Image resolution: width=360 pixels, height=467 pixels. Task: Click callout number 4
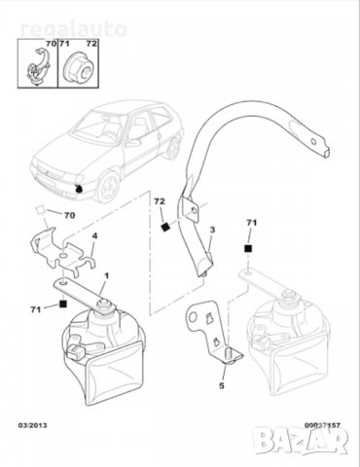click(93, 236)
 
